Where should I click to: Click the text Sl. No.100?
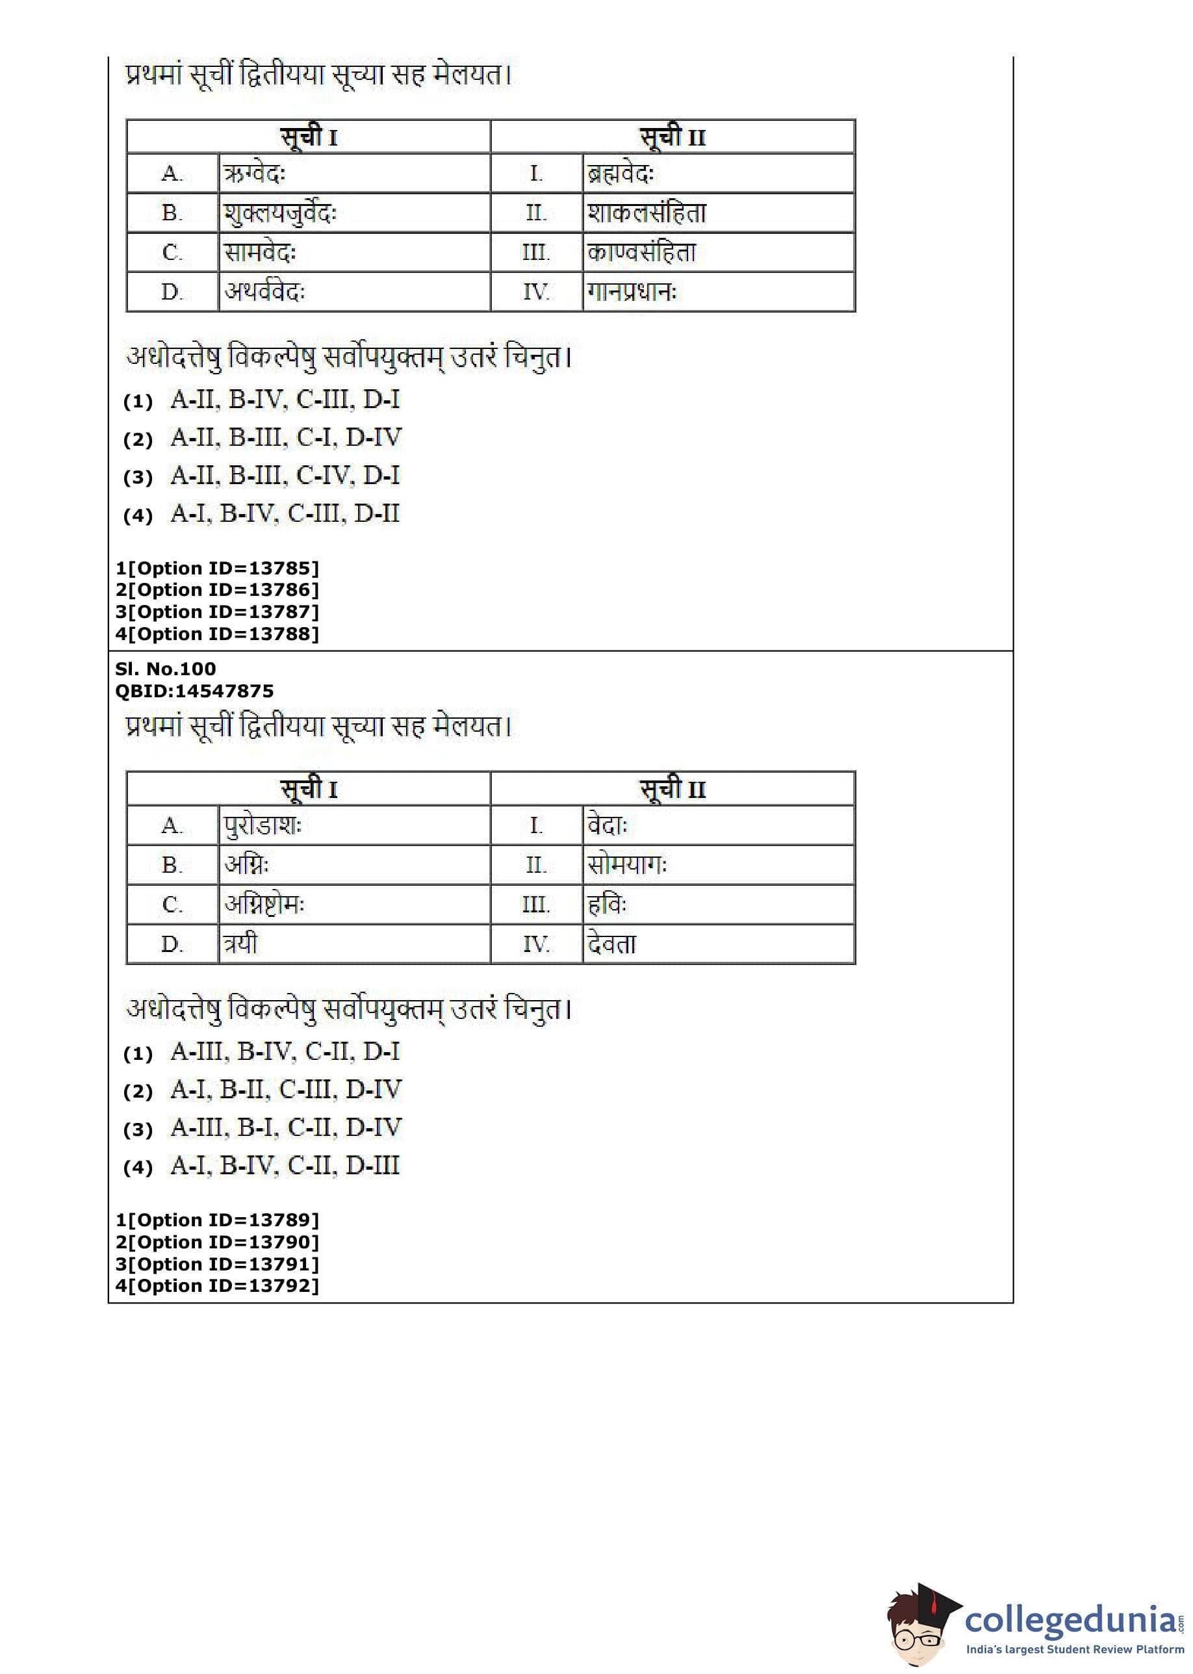[165, 669]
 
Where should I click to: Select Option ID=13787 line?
[218, 612]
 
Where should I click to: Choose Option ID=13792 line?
[218, 1285]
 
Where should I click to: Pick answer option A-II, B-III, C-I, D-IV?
[286, 438]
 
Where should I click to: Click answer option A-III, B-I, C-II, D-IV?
[286, 1127]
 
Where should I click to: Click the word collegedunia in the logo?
[1070, 1620]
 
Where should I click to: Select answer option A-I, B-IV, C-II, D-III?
[285, 1166]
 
